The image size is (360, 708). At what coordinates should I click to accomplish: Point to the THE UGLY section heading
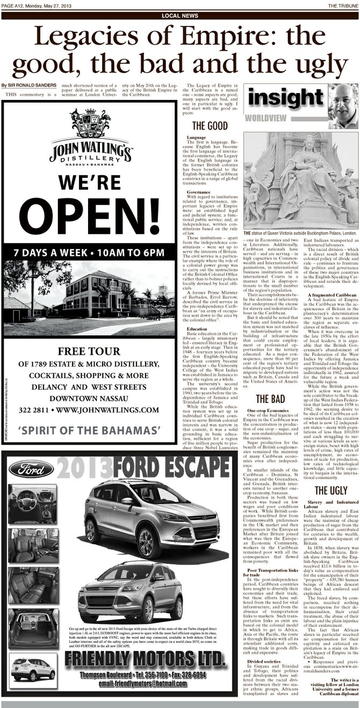pos(329,490)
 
